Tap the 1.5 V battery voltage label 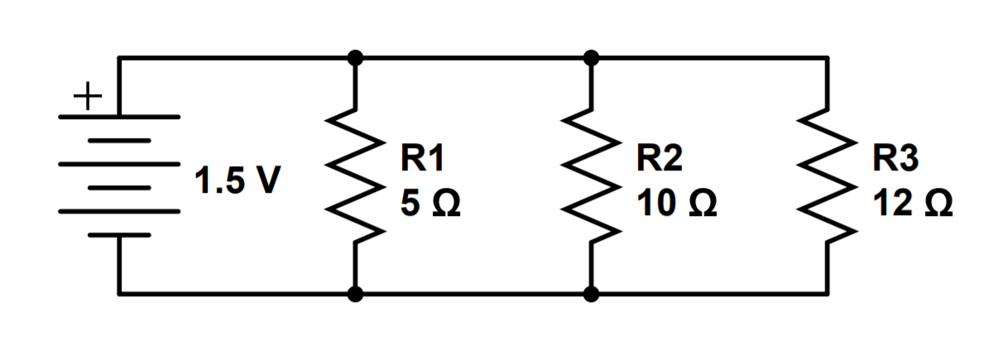pos(237,180)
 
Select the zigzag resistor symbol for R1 pos(356,175)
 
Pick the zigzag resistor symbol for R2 pos(591,175)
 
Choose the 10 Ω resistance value pos(676,202)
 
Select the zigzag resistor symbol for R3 pos(827,175)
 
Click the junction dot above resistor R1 pos(356,58)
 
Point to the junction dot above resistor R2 pos(591,58)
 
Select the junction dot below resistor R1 pos(356,293)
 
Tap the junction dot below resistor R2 pos(591,293)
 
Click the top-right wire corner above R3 pos(827,58)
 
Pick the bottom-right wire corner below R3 pos(827,293)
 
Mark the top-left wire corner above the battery pos(120,58)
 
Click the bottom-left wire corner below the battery pos(120,293)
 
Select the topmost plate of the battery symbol pos(120,117)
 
